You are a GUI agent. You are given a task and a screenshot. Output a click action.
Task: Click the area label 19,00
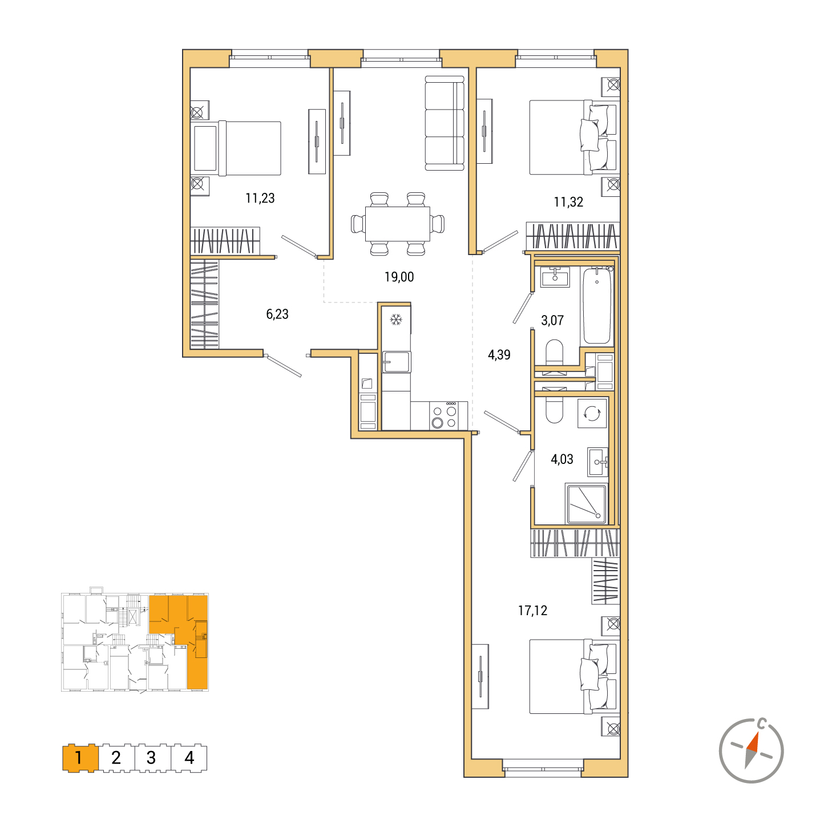pos(399,277)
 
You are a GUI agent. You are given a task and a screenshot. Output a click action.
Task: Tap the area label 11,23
pos(260,198)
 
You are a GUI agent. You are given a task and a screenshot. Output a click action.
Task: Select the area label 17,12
pos(532,611)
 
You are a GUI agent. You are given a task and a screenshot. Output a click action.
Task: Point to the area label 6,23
pos(277,314)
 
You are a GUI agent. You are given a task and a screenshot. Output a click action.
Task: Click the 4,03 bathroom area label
pos(562,459)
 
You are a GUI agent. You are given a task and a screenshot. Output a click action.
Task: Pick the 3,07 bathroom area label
pos(552,320)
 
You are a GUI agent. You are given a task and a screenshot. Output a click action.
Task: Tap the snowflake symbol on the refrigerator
pos(396,320)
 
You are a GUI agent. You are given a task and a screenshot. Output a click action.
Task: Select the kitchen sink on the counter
pos(397,361)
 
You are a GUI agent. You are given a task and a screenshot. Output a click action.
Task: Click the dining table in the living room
pos(398,224)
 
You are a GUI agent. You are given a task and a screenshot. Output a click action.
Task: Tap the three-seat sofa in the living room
pos(445,123)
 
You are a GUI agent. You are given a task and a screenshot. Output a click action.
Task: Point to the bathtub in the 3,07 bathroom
pos(597,305)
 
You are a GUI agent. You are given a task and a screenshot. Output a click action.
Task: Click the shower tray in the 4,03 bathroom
pos(587,504)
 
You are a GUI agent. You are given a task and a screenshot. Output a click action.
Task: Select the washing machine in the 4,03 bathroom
pos(592,413)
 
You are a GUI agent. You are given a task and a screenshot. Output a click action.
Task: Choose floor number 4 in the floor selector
pos(189,757)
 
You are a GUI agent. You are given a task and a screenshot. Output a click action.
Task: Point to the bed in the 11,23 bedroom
pos(237,148)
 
